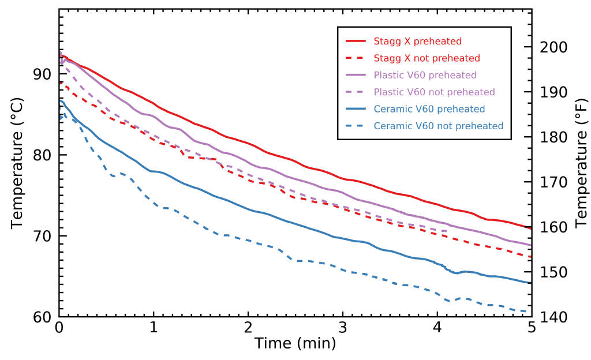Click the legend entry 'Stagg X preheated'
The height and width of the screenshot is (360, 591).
coord(417,42)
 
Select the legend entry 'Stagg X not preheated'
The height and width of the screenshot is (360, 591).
coord(427,58)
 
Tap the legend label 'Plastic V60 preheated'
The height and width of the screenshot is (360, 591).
coord(425,75)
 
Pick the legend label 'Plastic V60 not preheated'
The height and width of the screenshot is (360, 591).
coord(434,92)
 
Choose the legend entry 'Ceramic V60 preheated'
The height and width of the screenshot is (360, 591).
coord(429,109)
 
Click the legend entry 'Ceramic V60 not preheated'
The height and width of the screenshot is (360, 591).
coord(438,126)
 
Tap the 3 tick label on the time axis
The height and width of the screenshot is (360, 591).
coord(343,327)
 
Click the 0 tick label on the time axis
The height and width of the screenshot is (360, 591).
coord(59,327)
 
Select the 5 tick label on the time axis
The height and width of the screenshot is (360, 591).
coord(532,327)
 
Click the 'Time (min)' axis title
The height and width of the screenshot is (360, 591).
coord(295,344)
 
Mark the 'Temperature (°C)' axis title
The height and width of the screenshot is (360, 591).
coord(17,163)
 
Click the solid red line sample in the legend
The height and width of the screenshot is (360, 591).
coord(356,42)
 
